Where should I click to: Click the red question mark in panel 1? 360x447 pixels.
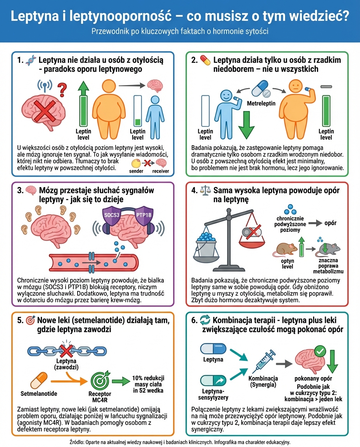tap(61, 90)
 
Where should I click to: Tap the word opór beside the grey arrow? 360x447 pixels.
tap(330, 223)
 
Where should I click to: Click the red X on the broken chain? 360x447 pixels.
tap(67, 351)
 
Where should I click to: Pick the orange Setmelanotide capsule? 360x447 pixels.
tap(39, 381)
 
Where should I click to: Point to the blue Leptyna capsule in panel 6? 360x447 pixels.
tap(213, 348)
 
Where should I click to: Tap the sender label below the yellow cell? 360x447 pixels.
tap(136, 171)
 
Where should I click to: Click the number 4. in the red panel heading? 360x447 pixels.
tap(194, 191)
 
